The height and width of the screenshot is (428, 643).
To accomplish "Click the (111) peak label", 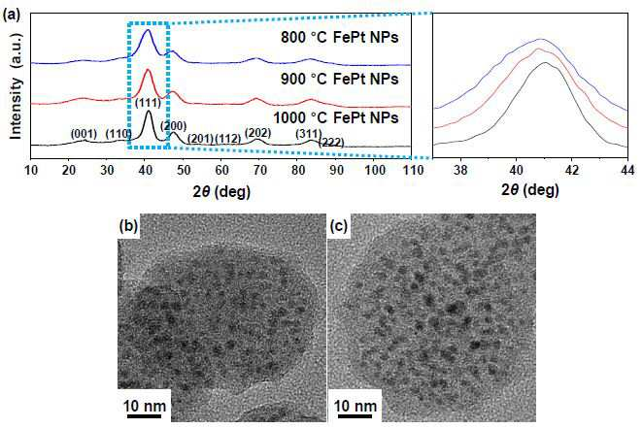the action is (148, 102).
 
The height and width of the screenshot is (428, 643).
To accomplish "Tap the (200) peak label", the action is (174, 126).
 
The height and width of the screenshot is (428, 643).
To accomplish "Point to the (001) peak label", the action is (84, 134).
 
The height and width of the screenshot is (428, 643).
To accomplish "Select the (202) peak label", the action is (258, 133).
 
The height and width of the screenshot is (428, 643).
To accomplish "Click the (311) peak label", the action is (309, 134).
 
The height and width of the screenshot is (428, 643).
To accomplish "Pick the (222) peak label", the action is (331, 143).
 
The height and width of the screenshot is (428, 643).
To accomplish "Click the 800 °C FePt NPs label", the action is (340, 38).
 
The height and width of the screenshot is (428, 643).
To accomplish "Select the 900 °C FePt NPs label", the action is (340, 79).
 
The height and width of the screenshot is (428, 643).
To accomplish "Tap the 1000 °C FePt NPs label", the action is (336, 118).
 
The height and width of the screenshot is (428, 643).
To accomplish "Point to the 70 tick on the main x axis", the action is (259, 170).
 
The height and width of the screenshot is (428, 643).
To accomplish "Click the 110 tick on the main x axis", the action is (412, 170).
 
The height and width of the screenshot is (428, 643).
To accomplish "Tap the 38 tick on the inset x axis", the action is (460, 170).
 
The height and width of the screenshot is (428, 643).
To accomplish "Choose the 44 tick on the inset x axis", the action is (627, 170).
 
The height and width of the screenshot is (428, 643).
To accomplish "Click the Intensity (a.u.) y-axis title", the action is (16, 85).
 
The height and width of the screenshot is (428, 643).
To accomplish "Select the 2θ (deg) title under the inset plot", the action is (529, 190).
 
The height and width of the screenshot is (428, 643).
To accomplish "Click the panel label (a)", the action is (11, 16).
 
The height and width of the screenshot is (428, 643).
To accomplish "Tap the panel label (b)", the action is (128, 226).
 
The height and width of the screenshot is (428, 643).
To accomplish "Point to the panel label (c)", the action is (339, 226).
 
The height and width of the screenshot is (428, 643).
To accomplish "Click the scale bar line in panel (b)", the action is (144, 416).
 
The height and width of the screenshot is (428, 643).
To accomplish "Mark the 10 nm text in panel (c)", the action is (355, 406).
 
